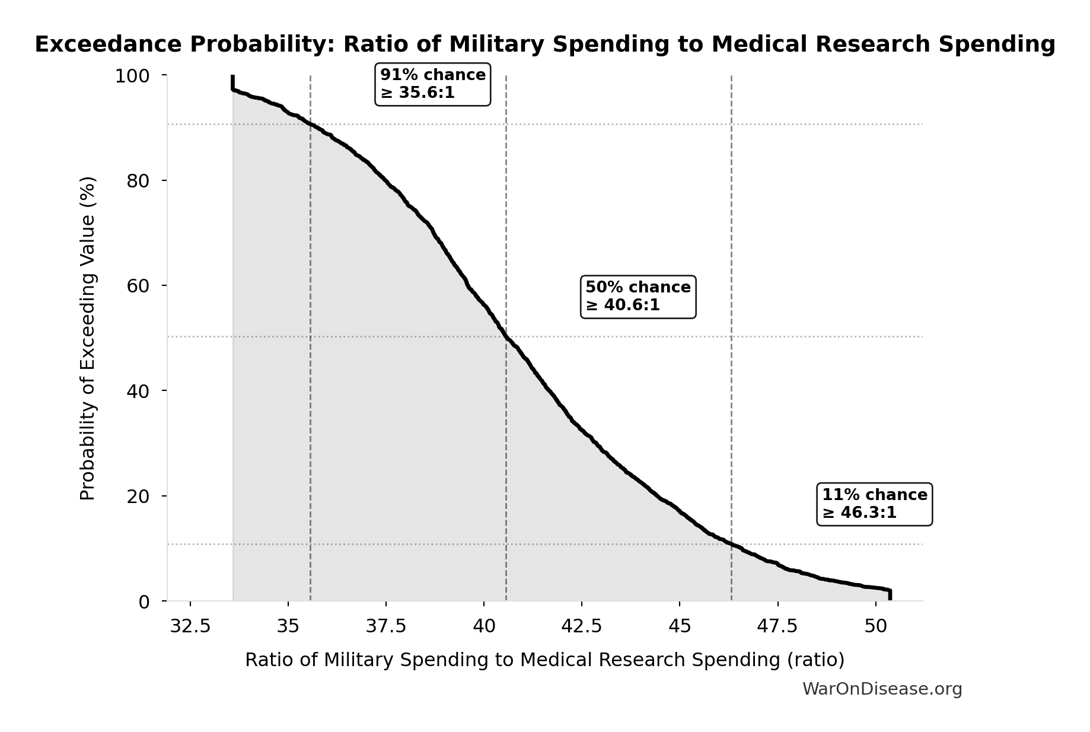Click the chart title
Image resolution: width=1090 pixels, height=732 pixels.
[544, 44]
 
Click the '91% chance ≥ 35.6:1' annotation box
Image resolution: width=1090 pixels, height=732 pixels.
[433, 84]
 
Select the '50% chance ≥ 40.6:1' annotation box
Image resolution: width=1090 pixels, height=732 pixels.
[638, 297]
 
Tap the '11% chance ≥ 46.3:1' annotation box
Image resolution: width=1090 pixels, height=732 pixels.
[874, 504]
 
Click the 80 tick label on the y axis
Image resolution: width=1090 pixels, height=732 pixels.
[138, 181]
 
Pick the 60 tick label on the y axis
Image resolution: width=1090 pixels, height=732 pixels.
[138, 286]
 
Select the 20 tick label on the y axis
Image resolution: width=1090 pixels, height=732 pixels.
[138, 497]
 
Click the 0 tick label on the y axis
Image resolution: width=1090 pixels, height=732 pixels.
[144, 602]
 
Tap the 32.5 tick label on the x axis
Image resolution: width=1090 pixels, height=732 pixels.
[190, 626]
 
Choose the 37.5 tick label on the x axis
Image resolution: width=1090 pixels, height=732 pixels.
[386, 626]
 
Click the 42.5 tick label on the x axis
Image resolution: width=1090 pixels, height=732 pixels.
[582, 626]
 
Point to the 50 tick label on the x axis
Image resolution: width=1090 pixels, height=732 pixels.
[875, 626]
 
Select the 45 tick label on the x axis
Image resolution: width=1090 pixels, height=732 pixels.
[680, 626]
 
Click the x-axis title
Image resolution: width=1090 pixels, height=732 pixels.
[544, 660]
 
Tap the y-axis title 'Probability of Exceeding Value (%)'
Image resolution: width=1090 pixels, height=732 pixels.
[87, 338]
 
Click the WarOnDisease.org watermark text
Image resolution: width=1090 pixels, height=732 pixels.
[882, 689]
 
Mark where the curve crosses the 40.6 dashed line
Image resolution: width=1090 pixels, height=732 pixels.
[506, 337]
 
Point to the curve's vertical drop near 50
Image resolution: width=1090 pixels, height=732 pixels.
[890, 595]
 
